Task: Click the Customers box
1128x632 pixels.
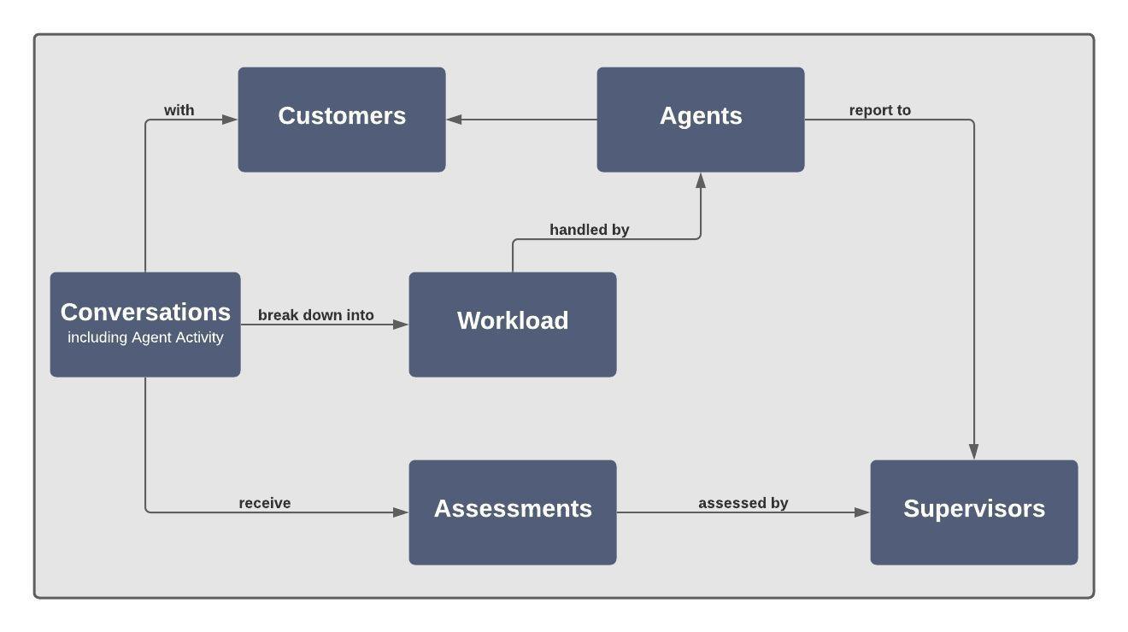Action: point(342,120)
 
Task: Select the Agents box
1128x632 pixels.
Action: point(701,120)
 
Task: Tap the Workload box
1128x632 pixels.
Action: point(513,325)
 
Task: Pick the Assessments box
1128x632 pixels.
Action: point(513,512)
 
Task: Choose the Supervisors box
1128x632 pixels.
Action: point(974,512)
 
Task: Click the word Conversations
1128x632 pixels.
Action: point(145,312)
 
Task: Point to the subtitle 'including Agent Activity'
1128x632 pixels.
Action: point(145,337)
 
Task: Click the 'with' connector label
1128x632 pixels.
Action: point(179,110)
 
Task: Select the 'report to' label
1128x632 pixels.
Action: point(879,110)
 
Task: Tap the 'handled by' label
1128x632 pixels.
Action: point(589,230)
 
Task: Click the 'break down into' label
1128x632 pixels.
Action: point(315,315)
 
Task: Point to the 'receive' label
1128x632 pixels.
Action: point(264,503)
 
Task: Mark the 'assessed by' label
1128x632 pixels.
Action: point(743,503)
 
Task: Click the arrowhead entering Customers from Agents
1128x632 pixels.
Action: point(454,120)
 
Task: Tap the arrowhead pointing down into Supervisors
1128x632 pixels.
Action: point(974,452)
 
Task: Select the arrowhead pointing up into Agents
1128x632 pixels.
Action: point(701,180)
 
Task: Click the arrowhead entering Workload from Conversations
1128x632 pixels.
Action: point(401,325)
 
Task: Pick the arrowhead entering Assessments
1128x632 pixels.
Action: point(401,512)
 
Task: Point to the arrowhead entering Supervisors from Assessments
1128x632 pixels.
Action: point(862,512)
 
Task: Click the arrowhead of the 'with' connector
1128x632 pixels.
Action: point(230,120)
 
